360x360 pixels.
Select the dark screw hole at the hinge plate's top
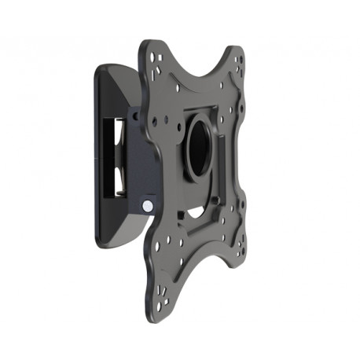pos(135,116)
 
